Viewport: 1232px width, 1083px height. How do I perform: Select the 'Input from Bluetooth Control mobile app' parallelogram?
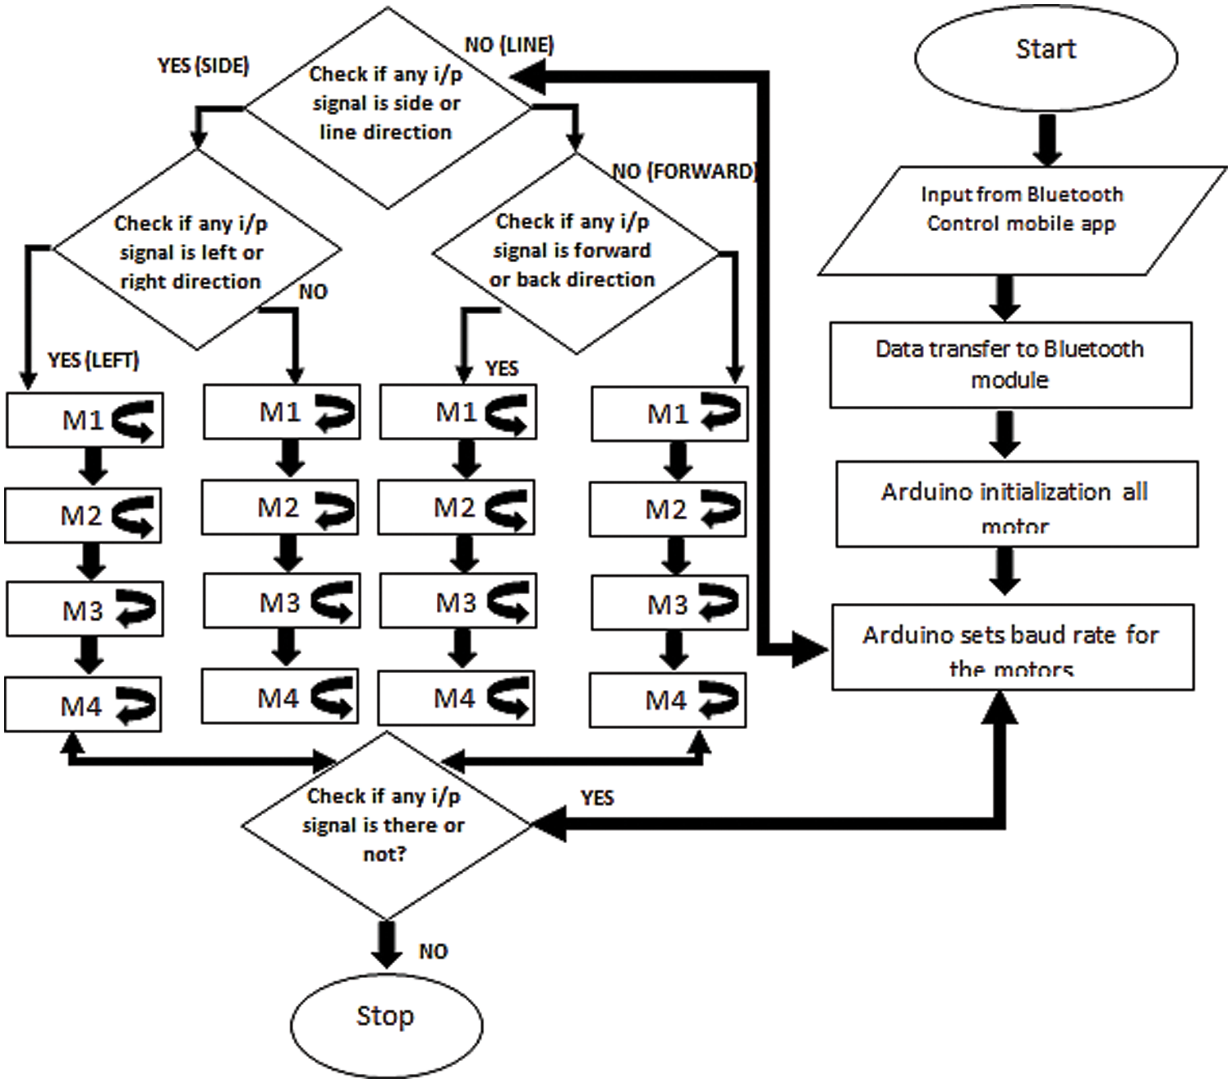[1021, 220]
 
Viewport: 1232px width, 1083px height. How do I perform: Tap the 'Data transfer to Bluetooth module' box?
[1010, 365]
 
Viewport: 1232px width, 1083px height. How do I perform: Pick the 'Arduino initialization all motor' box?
[1016, 504]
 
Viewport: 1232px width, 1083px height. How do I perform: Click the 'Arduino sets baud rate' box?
[1012, 647]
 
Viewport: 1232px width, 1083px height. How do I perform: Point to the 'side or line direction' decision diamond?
[387, 107]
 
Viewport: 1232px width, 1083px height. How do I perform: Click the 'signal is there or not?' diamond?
[384, 825]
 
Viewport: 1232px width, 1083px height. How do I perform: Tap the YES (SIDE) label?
[203, 66]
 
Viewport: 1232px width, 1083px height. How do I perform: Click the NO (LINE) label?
[509, 44]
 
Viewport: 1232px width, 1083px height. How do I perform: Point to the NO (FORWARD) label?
[684, 171]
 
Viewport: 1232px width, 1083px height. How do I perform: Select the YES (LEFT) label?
[94, 360]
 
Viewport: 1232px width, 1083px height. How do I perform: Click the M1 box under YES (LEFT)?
[85, 421]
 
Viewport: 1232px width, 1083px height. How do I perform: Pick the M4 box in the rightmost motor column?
[667, 700]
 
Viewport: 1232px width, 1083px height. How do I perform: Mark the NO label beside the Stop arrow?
[433, 952]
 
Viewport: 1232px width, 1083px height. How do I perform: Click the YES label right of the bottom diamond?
[597, 798]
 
